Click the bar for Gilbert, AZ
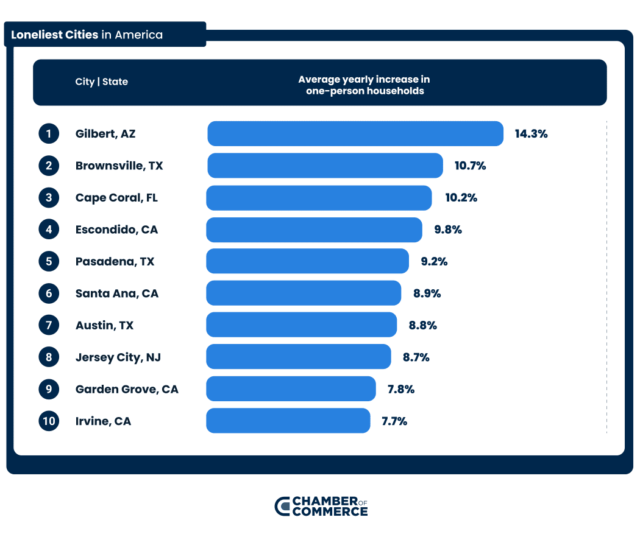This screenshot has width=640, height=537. [x=355, y=134]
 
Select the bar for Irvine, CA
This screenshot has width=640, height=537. [x=288, y=421]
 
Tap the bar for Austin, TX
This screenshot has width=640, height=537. [x=301, y=325]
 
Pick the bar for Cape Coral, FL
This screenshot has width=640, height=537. [x=319, y=198]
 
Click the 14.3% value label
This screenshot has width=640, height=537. [x=531, y=134]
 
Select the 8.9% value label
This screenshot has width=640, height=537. [x=427, y=293]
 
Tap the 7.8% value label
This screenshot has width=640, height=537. [x=400, y=389]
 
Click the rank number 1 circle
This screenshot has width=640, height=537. [x=49, y=134]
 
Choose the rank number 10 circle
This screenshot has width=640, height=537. [x=49, y=421]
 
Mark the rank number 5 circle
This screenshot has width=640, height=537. [x=49, y=261]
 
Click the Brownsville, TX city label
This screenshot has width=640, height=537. [x=119, y=166]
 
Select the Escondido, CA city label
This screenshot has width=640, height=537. [x=116, y=230]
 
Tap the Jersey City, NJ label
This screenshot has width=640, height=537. [x=118, y=357]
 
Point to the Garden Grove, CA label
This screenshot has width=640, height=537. [x=127, y=389]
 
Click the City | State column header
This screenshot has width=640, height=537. [x=101, y=82]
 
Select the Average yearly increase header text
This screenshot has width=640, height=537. [x=364, y=85]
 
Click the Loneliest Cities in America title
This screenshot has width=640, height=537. [x=87, y=35]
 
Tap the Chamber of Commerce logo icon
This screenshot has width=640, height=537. [x=282, y=506]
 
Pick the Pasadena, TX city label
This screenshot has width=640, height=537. [x=115, y=261]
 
